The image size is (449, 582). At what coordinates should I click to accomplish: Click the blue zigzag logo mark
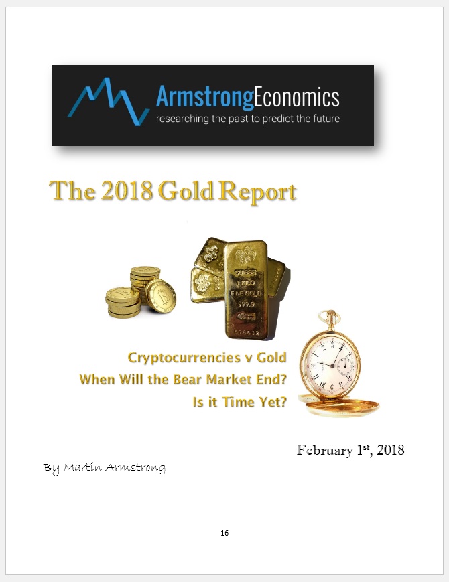(108, 101)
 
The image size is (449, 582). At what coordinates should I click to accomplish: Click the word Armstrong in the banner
(204, 98)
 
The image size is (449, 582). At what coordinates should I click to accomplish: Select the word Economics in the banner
(297, 97)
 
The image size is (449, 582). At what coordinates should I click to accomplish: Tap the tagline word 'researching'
(182, 119)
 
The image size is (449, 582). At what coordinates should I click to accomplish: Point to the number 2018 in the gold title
(127, 190)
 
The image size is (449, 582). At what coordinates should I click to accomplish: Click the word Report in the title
(257, 192)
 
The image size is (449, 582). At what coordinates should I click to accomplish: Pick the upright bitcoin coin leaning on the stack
(161, 296)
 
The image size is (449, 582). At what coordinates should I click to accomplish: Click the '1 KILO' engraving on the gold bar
(246, 283)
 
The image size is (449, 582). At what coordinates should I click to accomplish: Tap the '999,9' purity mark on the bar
(246, 304)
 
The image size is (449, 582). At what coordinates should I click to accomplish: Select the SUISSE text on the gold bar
(245, 273)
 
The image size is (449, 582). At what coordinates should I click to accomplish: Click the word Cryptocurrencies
(184, 358)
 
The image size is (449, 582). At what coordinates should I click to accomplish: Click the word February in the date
(325, 450)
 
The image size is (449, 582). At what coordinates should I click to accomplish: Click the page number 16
(224, 533)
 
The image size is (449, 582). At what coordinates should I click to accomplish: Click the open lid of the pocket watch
(340, 405)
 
